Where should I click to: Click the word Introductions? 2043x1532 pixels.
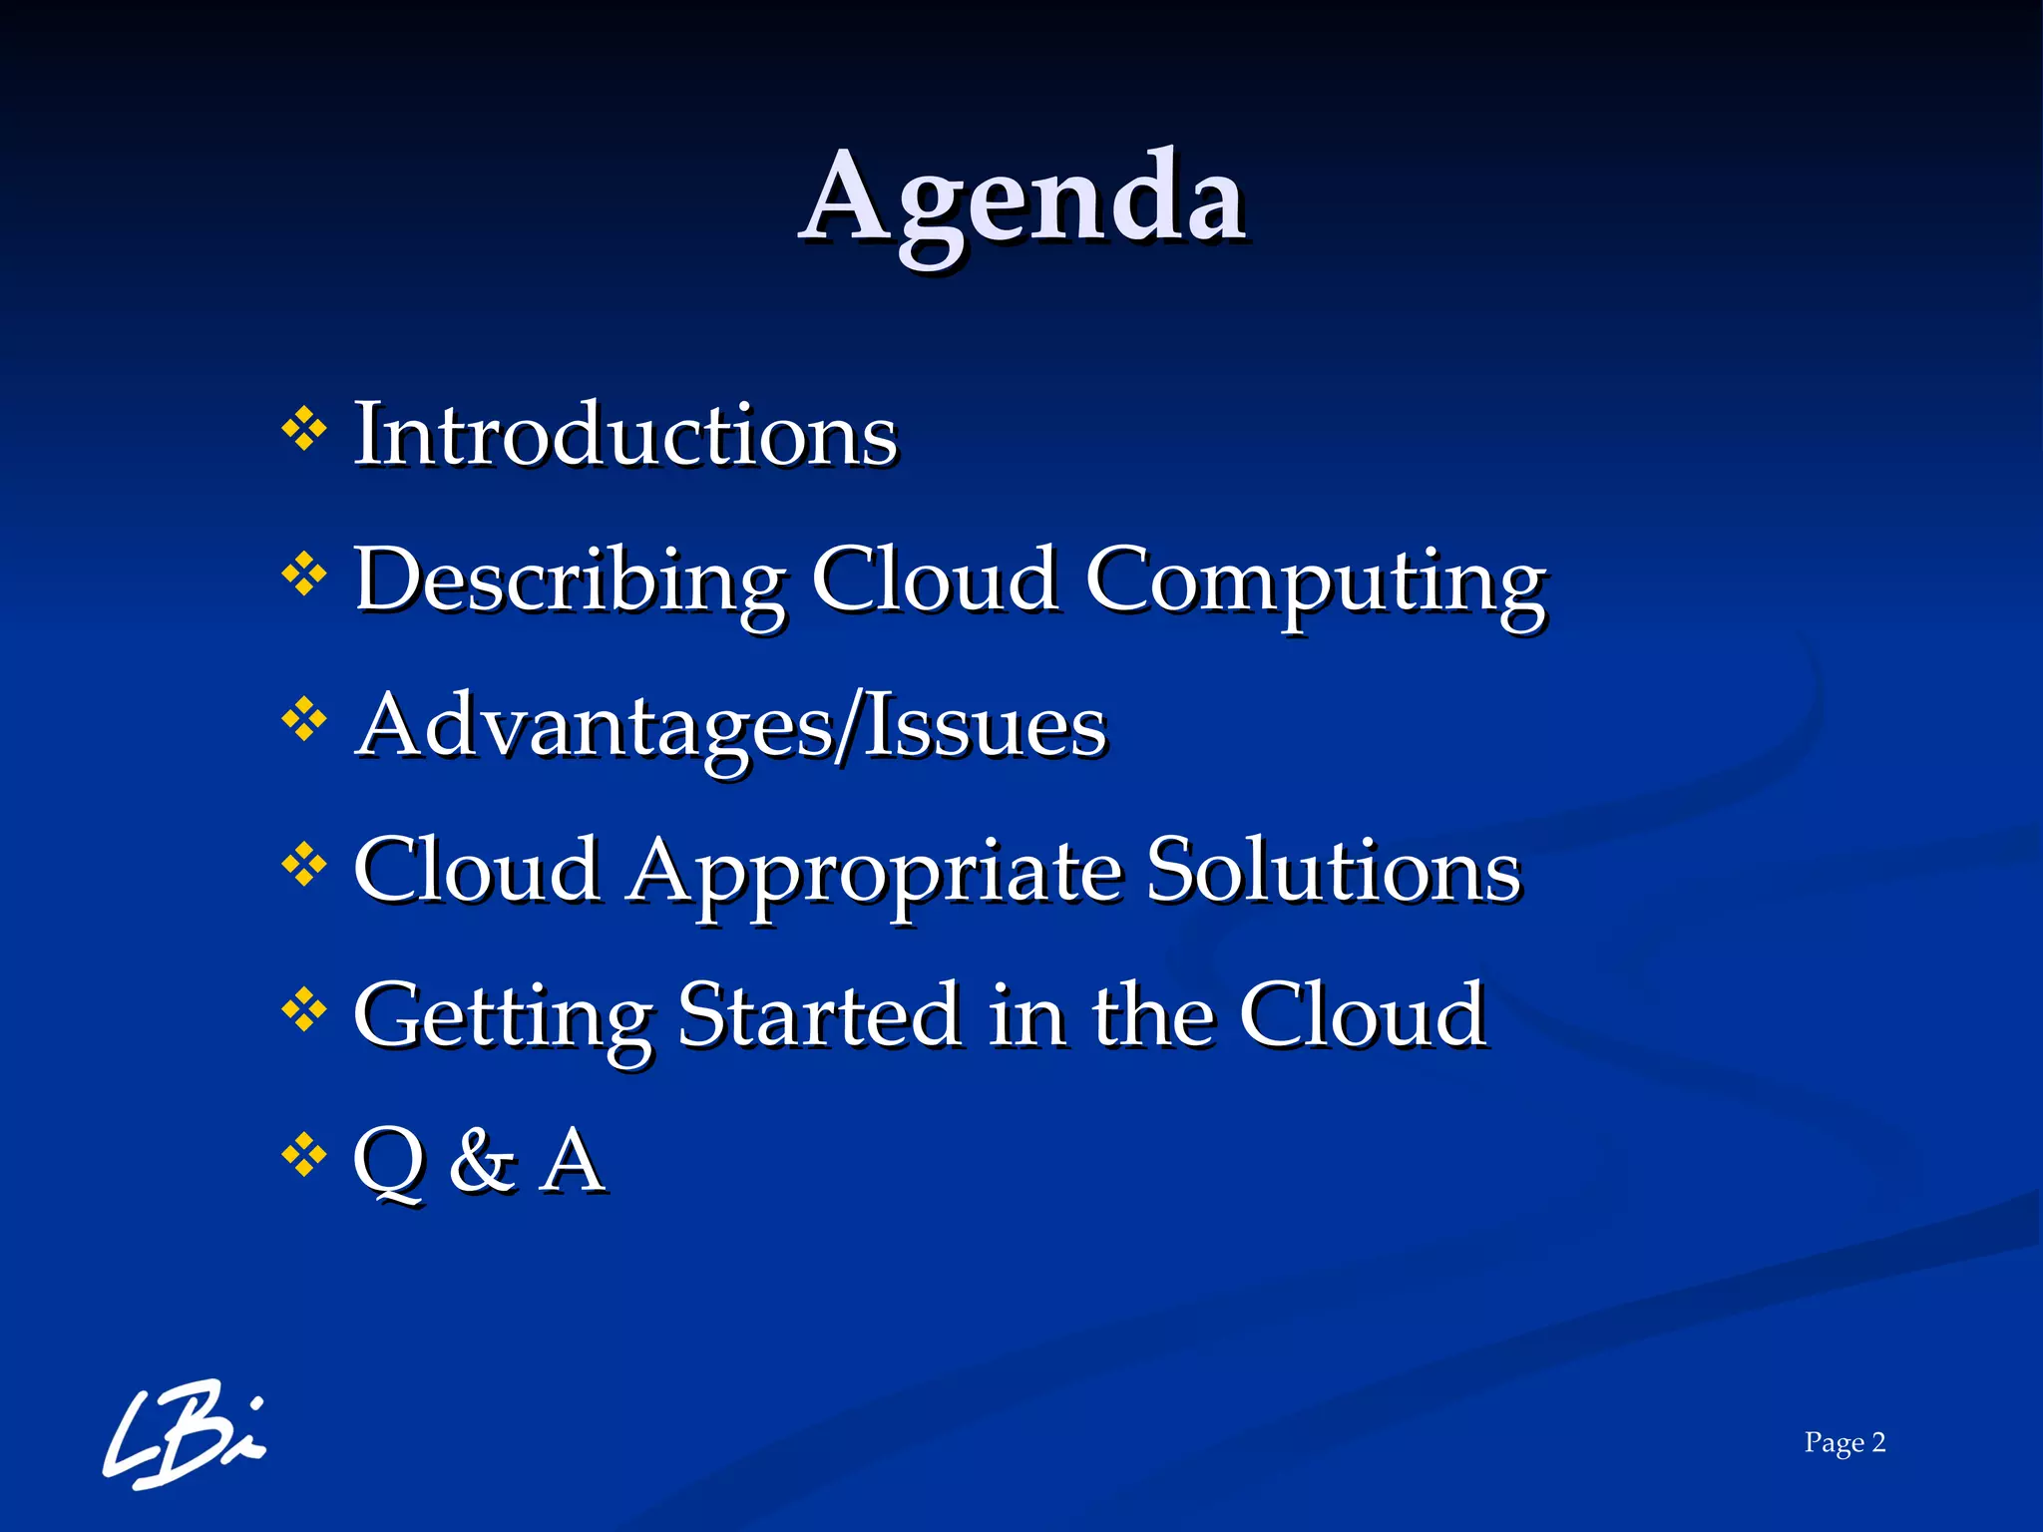[x=625, y=435]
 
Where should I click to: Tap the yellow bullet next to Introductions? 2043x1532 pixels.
[x=304, y=430]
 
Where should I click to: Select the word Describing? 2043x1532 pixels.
[x=570, y=580]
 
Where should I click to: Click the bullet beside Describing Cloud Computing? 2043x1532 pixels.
[x=304, y=574]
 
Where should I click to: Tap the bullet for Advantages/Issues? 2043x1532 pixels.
[x=304, y=720]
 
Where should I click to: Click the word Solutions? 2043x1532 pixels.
[x=1333, y=870]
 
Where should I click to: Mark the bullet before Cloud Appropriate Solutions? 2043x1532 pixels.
[x=304, y=865]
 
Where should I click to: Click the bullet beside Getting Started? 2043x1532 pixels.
[x=304, y=1010]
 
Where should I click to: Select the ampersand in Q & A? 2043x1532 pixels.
[x=482, y=1160]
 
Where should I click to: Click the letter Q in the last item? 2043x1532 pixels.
[x=389, y=1162]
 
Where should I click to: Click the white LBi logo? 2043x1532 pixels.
[x=184, y=1435]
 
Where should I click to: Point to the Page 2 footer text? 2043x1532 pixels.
[x=1843, y=1442]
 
